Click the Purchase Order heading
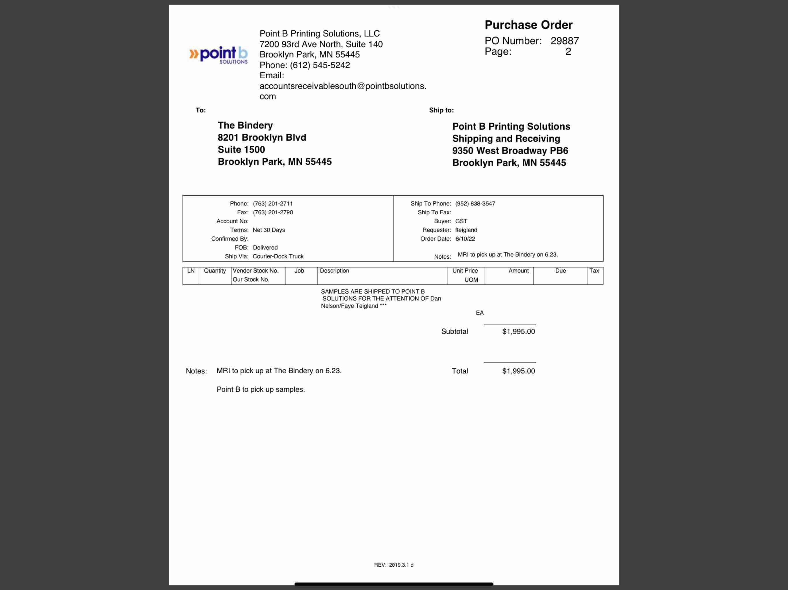pos(528,25)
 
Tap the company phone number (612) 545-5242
pos(320,65)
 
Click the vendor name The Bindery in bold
pos(245,125)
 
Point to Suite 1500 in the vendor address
pos(241,150)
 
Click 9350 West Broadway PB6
pos(510,150)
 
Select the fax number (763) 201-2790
pos(273,212)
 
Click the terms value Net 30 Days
pos(269,230)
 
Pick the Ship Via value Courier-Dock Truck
pos(278,256)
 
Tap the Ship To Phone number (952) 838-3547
pos(475,204)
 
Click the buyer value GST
pos(461,221)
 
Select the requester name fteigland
pos(466,230)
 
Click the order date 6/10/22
pos(465,239)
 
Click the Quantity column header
pos(215,271)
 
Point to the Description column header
pos(334,271)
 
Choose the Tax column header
pos(594,271)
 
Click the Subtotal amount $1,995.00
pos(518,332)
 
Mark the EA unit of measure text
pos(479,313)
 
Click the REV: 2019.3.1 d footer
pos(394,565)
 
